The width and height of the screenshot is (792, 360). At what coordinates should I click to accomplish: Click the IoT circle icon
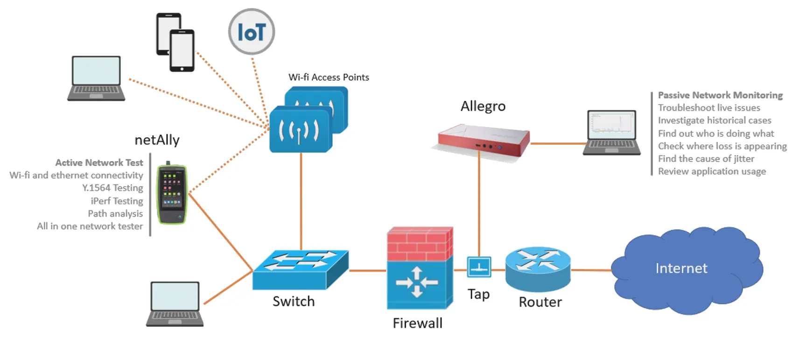pyautogui.click(x=252, y=31)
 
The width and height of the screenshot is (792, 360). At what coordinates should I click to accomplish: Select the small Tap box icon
pyautogui.click(x=479, y=267)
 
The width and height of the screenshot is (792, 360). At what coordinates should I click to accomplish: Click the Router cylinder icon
pyautogui.click(x=538, y=269)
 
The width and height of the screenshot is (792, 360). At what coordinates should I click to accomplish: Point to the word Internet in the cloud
pyautogui.click(x=681, y=268)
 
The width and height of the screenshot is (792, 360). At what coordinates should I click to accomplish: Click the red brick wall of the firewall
pyautogui.click(x=420, y=244)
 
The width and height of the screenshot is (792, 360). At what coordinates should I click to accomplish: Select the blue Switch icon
pyautogui.click(x=301, y=269)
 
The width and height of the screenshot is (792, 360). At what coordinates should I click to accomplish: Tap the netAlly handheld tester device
pyautogui.click(x=172, y=193)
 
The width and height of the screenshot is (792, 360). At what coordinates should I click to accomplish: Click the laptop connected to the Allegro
pyautogui.click(x=612, y=133)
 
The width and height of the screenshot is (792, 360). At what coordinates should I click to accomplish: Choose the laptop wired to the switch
pyautogui.click(x=175, y=304)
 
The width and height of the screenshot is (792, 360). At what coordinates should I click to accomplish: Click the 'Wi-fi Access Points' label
pyautogui.click(x=329, y=77)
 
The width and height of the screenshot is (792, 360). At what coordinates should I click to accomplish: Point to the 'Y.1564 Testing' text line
pyautogui.click(x=112, y=188)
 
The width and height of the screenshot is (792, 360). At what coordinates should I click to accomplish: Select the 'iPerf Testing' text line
pyautogui.click(x=117, y=201)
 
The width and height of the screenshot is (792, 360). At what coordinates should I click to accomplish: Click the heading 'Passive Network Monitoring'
pyautogui.click(x=720, y=95)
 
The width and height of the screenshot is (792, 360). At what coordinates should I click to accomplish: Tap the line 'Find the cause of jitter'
pyautogui.click(x=706, y=159)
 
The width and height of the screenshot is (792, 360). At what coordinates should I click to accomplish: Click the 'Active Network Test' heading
pyautogui.click(x=99, y=162)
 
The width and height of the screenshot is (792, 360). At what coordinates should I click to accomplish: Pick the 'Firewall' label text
pyautogui.click(x=418, y=323)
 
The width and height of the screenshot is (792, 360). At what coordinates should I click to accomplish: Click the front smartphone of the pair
pyautogui.click(x=182, y=50)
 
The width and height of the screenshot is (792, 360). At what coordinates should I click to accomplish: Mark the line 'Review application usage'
pyautogui.click(x=712, y=171)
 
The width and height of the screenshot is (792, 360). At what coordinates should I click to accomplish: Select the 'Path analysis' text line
pyautogui.click(x=115, y=213)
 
